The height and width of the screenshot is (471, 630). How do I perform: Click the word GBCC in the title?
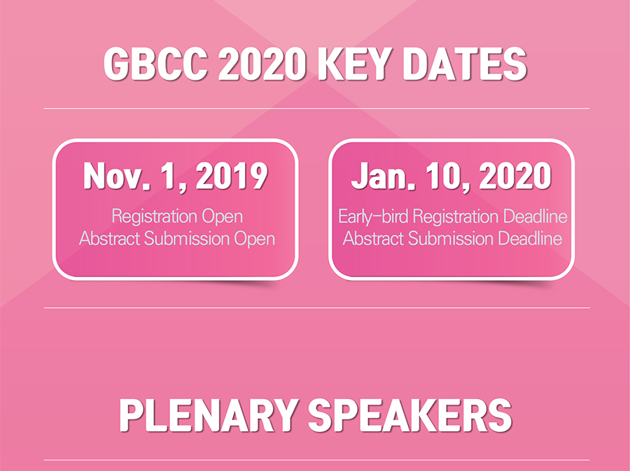coord(155,64)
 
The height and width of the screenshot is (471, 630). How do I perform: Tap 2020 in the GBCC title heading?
coord(262,64)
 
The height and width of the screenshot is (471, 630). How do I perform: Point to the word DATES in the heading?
coord(465,64)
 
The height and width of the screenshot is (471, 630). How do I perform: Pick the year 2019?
coord(232,176)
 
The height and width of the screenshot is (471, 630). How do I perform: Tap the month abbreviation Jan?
coord(379,176)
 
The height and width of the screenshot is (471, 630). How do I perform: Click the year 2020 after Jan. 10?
coord(515,176)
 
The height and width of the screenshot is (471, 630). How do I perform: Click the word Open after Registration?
coord(222,217)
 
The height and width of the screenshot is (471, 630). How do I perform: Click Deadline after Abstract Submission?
coord(530,239)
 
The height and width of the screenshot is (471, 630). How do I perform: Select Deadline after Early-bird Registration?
coord(535,217)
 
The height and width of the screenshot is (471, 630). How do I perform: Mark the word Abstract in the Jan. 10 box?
coord(373,239)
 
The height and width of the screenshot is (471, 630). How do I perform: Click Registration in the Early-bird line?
coord(456,217)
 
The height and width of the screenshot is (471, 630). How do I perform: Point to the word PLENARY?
coord(209,416)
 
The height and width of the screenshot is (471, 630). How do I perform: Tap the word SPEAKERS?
coord(409,416)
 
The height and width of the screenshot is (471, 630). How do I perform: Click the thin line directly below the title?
coord(316,108)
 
